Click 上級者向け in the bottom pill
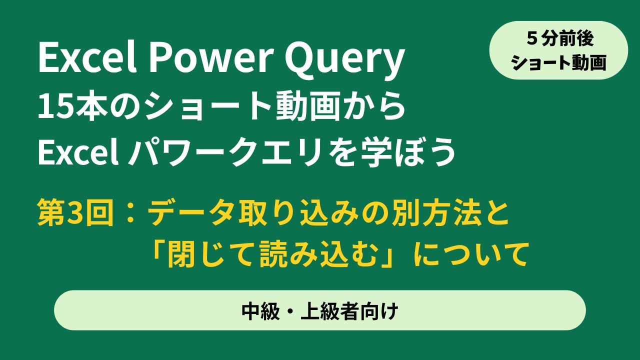point(349,311)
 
